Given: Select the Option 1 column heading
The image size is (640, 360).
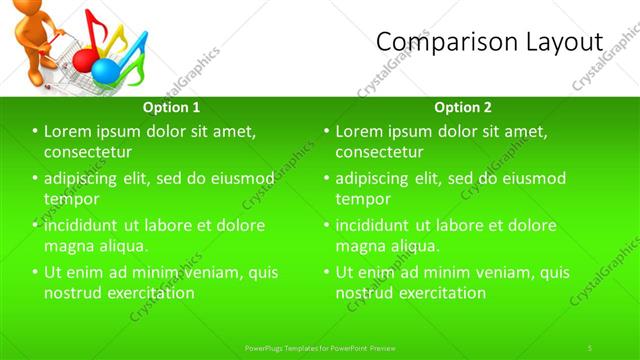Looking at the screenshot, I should [171, 107].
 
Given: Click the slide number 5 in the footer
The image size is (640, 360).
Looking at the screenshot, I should [590, 347].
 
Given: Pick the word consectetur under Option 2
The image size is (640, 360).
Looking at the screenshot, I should [379, 151].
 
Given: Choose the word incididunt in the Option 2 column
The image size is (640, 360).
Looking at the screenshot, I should [377, 225].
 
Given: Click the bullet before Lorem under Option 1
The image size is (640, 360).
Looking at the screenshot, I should [35, 131].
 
